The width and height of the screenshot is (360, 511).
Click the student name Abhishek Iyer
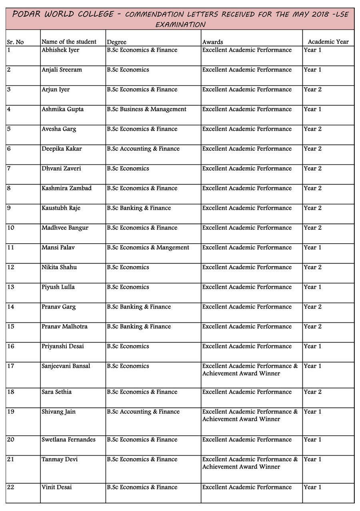point(60,50)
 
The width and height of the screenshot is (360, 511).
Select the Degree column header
point(116,42)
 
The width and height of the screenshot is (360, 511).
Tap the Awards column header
point(212,42)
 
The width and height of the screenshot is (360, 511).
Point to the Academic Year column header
point(328,42)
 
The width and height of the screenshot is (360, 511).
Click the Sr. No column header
point(15,42)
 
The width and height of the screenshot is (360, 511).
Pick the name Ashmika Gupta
point(63,109)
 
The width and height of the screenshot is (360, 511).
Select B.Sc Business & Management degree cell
point(146,109)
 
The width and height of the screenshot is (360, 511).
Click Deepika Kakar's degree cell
point(143,149)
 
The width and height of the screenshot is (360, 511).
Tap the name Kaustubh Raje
point(61,208)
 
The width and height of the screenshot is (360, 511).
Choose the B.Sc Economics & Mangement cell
point(148,248)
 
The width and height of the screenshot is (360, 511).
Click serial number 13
point(11,287)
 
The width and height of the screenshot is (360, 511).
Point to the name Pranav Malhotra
point(64,327)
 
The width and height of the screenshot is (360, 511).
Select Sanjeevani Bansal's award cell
point(250,370)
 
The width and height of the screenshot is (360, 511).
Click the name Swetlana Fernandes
point(68,440)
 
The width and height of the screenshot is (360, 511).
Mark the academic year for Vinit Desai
point(312,487)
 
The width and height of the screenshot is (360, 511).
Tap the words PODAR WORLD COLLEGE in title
point(63,14)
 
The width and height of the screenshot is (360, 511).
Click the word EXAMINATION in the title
point(180,25)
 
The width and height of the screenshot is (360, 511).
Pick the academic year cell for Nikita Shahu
point(312,267)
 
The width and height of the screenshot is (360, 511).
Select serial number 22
point(11,487)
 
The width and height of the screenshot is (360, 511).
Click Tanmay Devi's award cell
point(250,463)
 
